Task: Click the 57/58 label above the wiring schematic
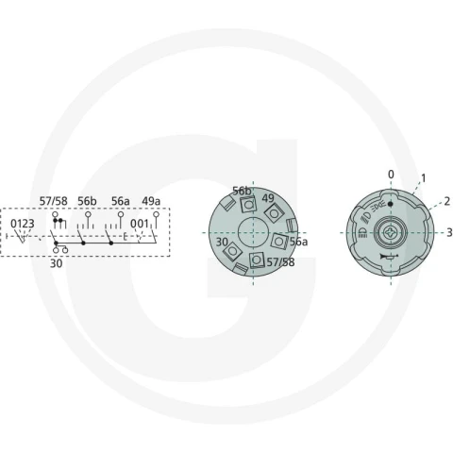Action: coord(53,201)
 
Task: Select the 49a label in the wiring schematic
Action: coord(151,201)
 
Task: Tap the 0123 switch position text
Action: coord(23,224)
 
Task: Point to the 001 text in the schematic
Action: coord(140,224)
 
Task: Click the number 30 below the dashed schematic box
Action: coord(57,263)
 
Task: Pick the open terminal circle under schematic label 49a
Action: coord(156,214)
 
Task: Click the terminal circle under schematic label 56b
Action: coord(88,214)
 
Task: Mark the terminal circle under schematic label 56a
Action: coord(121,214)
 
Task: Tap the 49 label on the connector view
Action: coord(268,198)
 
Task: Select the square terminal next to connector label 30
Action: coord(232,251)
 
